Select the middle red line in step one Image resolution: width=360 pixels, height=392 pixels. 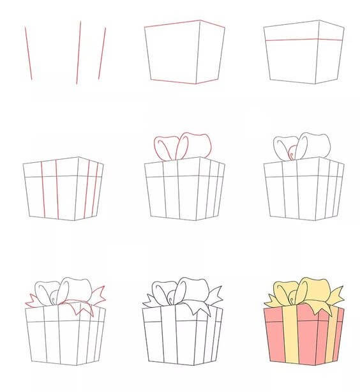click(79, 52)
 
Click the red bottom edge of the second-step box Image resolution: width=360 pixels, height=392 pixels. click(174, 81)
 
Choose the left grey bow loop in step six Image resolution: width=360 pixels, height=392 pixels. click(282, 148)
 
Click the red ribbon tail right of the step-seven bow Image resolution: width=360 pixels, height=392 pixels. click(97, 295)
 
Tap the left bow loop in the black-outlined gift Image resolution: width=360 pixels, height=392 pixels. click(162, 294)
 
